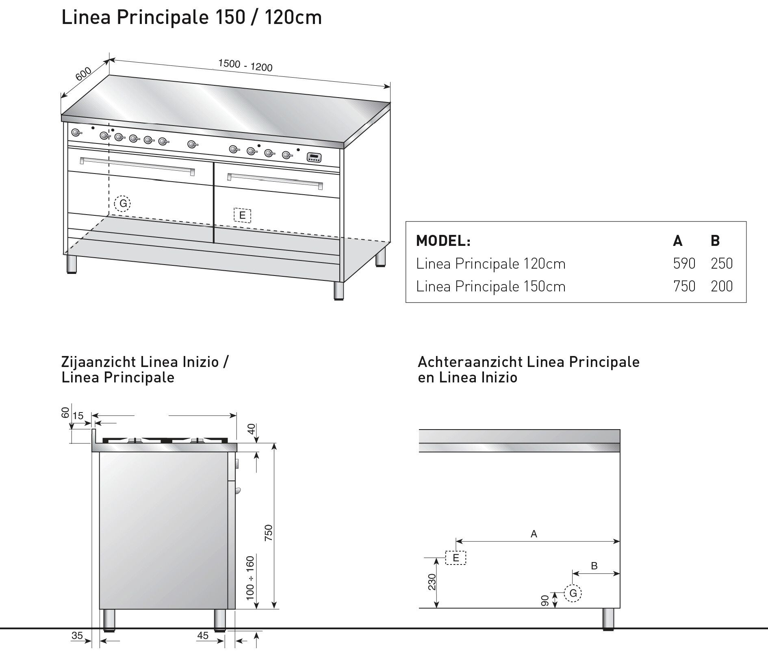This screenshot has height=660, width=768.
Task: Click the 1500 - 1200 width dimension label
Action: (245, 65)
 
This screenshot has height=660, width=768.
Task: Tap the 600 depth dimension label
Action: (84, 74)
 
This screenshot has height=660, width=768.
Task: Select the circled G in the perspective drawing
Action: (122, 204)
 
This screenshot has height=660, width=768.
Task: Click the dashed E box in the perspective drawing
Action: (243, 215)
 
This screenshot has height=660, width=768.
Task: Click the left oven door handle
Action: (137, 166)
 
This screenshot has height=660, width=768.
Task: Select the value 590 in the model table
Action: (684, 264)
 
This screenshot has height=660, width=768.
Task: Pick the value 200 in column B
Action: (722, 287)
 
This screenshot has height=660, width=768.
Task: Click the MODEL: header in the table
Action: (443, 241)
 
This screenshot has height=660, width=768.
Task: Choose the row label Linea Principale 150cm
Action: (490, 287)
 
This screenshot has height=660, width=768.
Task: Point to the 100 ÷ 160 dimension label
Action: (250, 578)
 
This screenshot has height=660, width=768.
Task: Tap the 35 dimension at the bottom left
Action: (77, 636)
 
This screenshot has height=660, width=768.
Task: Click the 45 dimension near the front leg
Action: (203, 636)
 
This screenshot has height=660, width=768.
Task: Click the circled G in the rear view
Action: (573, 593)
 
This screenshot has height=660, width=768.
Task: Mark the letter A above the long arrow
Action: (534, 534)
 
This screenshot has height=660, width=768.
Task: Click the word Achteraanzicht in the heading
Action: (471, 362)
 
